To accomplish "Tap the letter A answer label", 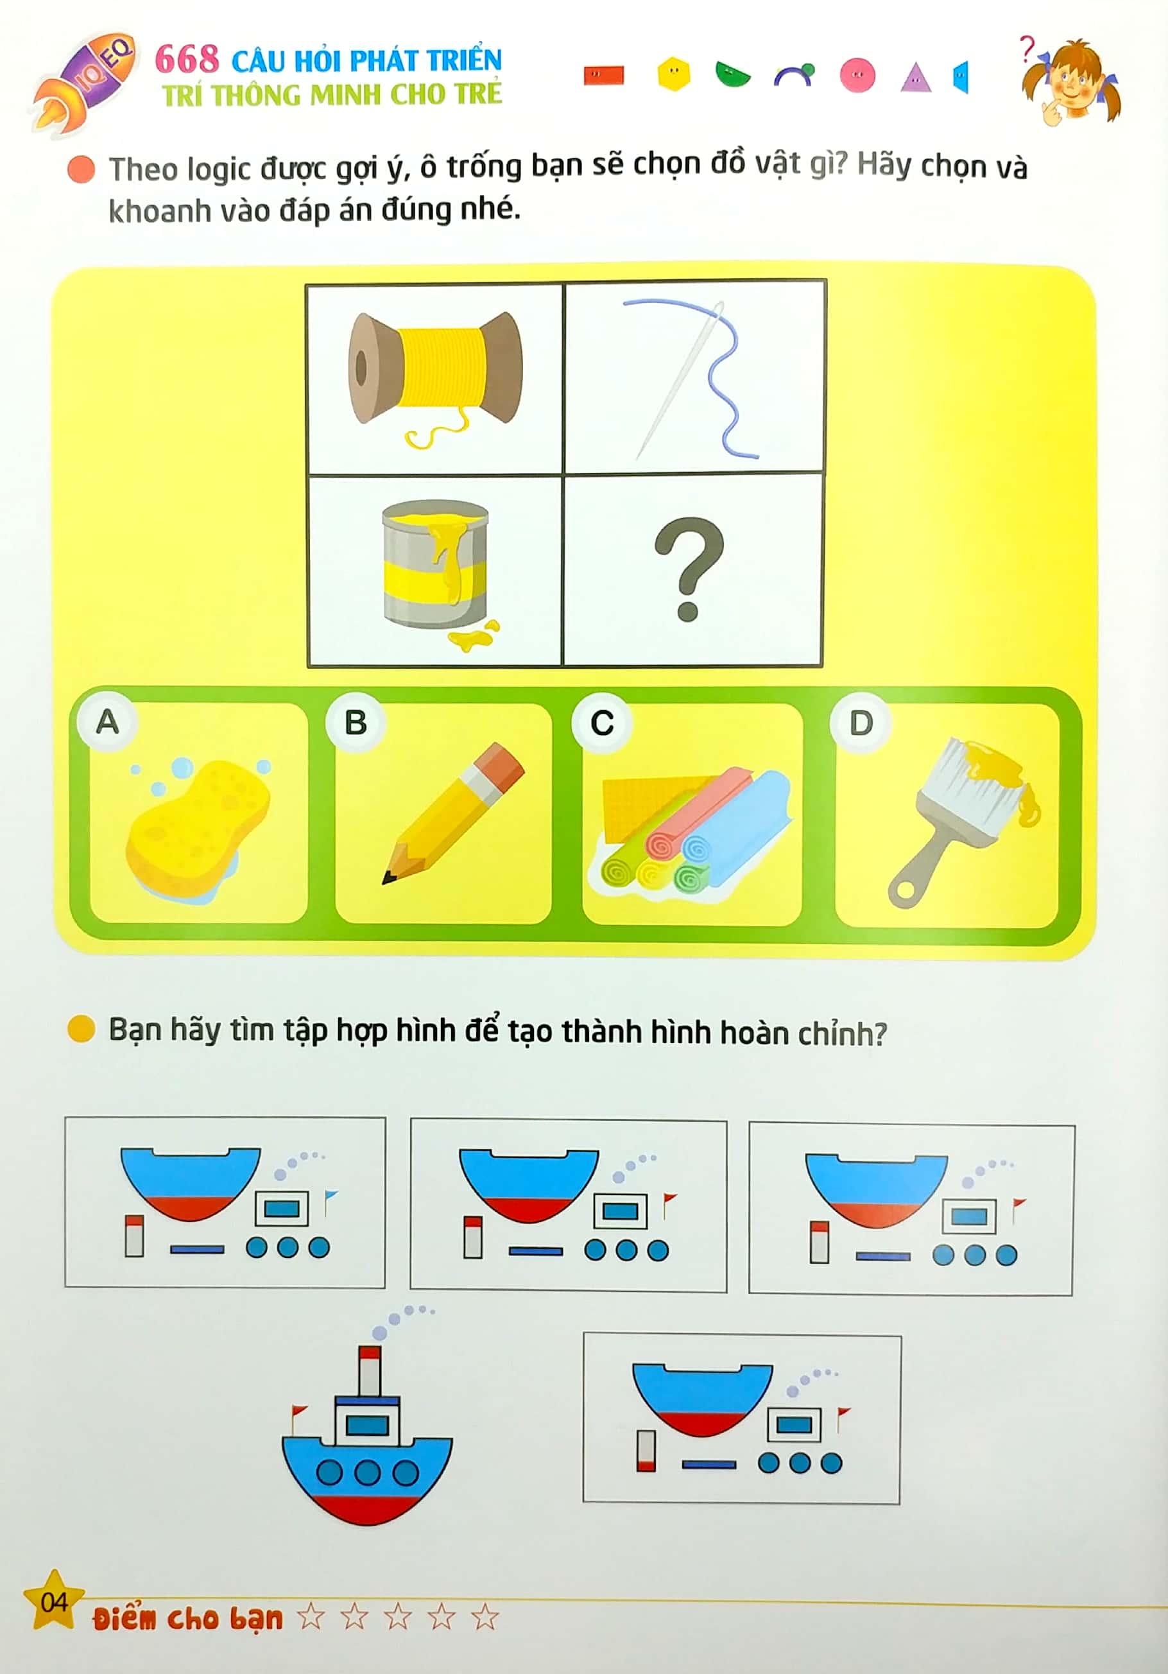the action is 108,722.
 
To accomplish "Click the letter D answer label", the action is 861,723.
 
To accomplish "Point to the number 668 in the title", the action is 187,59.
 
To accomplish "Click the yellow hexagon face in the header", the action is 674,74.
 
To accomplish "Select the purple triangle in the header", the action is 916,77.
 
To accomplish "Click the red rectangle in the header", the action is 604,76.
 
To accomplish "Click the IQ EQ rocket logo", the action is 85,82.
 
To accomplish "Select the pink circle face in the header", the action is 857,75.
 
